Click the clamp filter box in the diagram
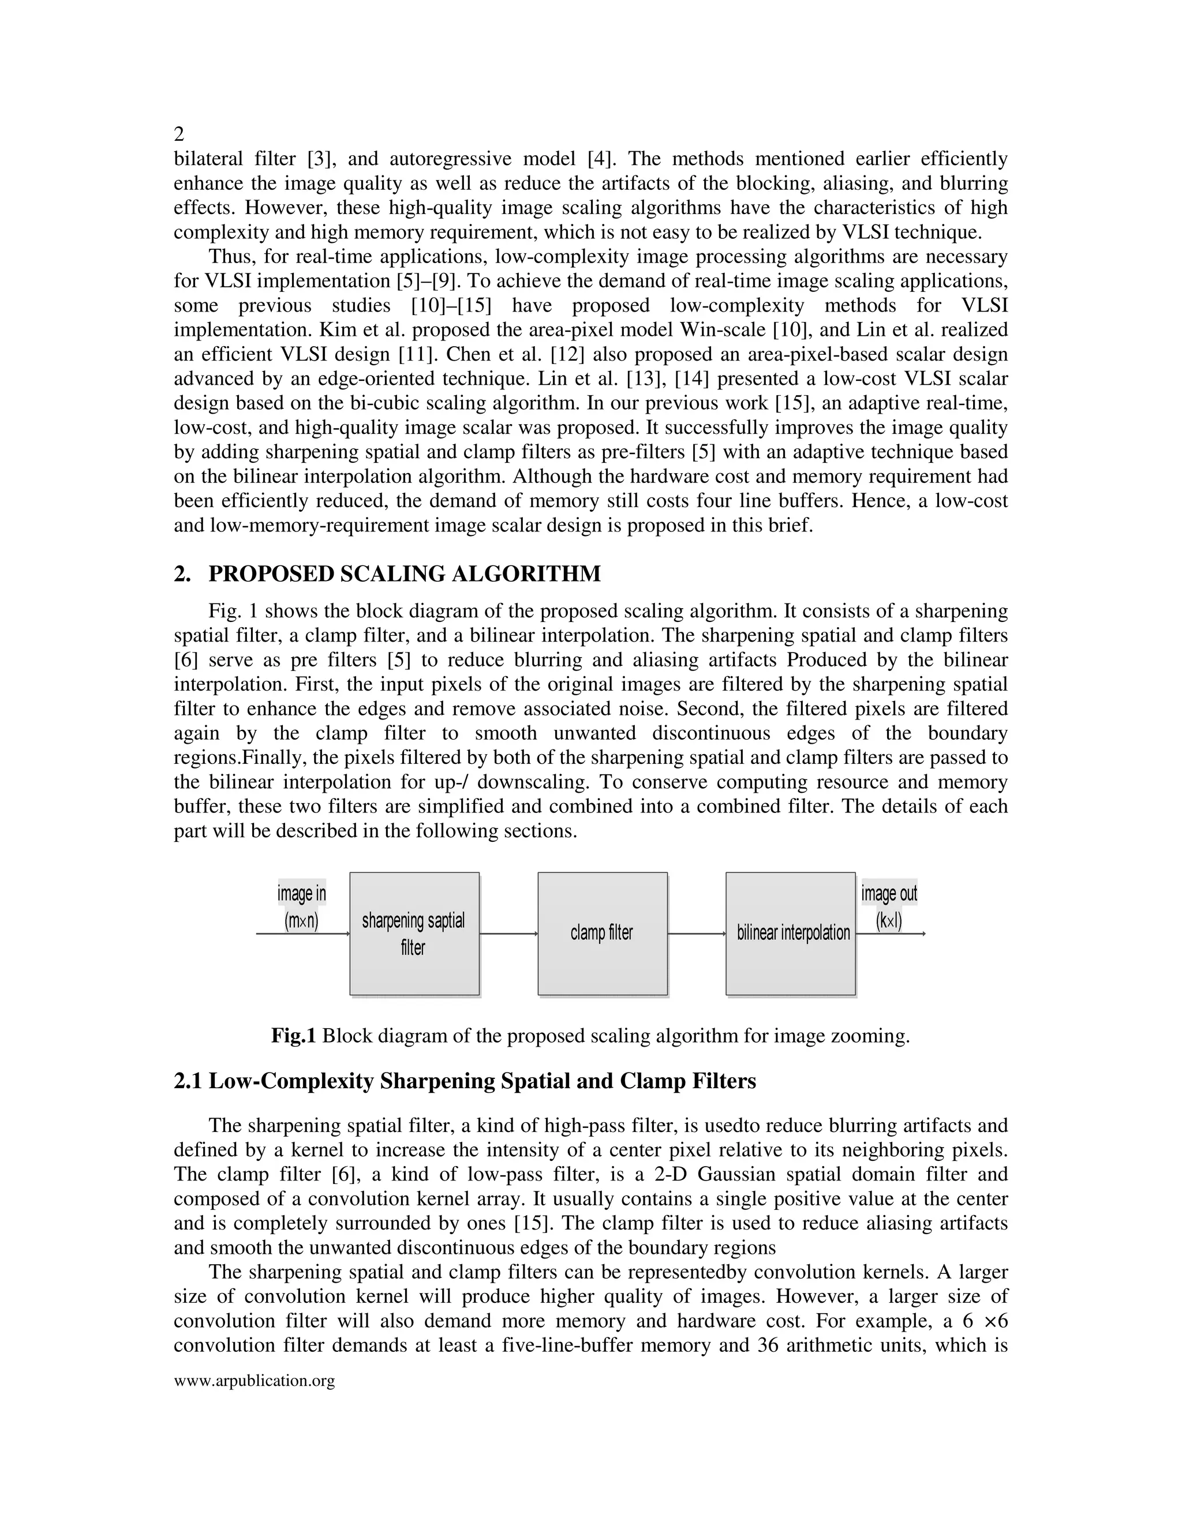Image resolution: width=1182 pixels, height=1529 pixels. tap(602, 933)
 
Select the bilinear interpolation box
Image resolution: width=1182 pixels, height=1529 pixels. tap(791, 933)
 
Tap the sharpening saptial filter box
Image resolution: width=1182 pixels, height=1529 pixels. tap(414, 933)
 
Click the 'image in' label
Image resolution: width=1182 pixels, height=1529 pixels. tap(302, 894)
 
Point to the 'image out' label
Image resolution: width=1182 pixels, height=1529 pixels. tap(889, 894)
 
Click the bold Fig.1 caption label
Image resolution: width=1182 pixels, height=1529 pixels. tap(294, 1036)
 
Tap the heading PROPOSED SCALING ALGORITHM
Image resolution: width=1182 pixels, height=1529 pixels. tap(404, 574)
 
